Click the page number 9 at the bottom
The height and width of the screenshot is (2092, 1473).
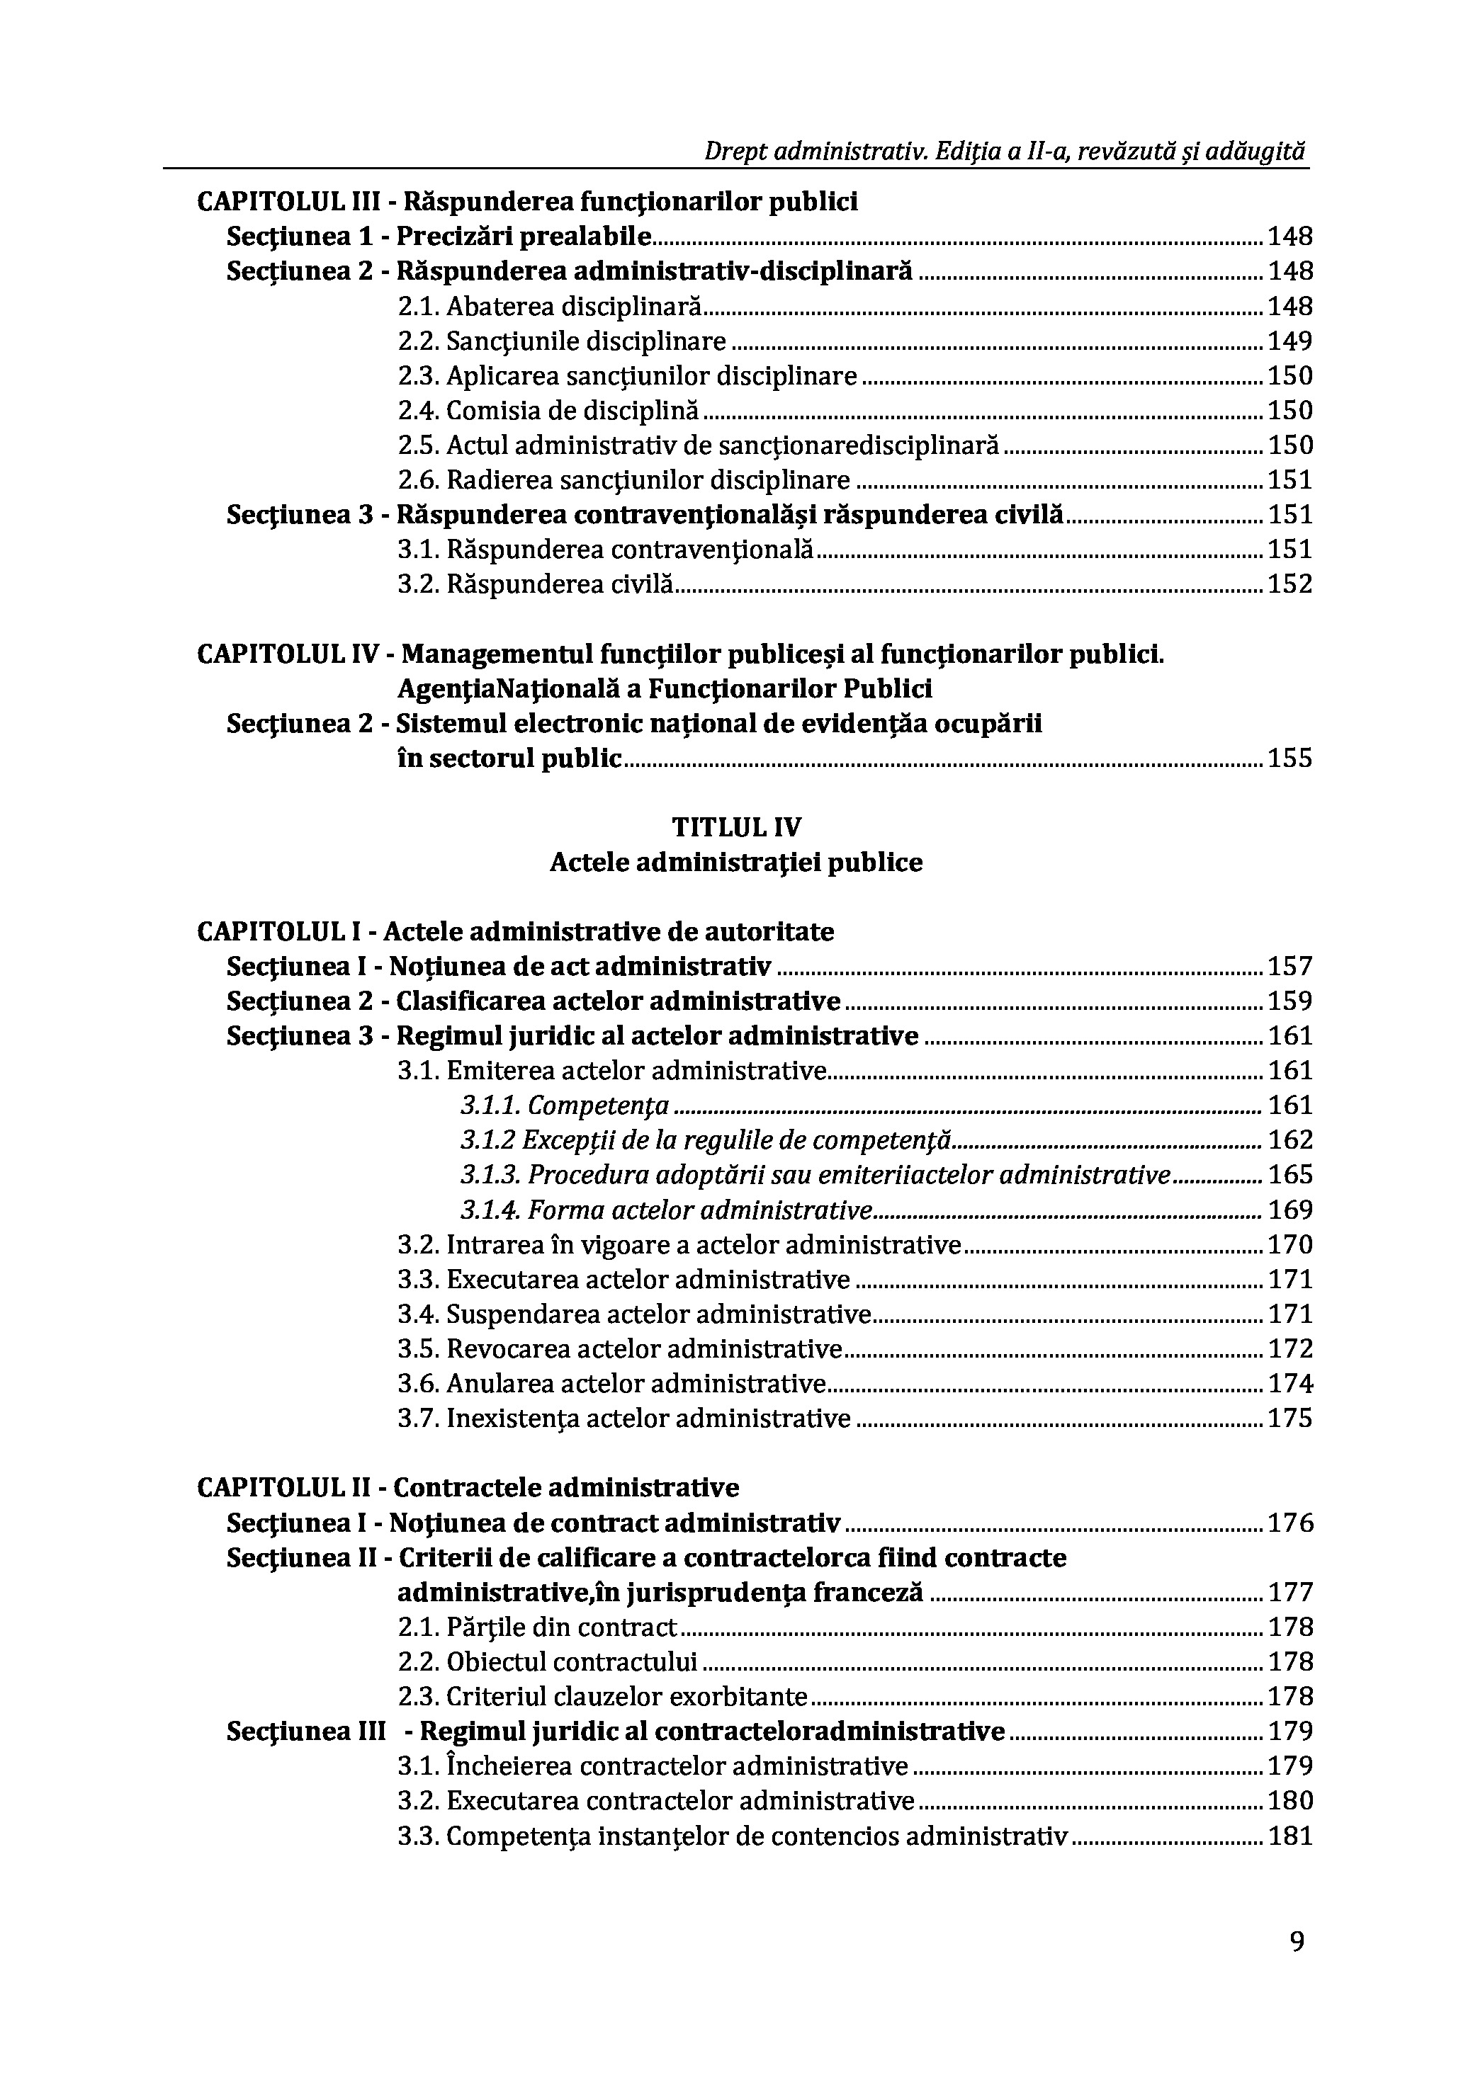coord(1297,1968)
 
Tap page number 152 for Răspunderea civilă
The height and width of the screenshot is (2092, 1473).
coord(1289,584)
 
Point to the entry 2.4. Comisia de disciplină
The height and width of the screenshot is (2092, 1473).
coord(548,411)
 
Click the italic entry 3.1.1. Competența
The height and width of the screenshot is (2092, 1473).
coord(565,1106)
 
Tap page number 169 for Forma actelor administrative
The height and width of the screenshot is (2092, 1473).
coord(1289,1210)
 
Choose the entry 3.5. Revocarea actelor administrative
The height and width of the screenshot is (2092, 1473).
coord(620,1348)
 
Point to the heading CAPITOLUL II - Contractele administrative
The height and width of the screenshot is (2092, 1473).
coord(468,1488)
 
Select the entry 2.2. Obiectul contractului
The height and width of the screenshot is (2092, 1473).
coord(548,1662)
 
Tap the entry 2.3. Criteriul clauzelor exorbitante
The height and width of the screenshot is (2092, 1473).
coord(602,1697)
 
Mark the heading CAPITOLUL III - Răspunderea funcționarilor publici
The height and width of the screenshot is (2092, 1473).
coord(527,201)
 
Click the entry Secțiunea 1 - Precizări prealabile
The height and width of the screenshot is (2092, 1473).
coord(439,237)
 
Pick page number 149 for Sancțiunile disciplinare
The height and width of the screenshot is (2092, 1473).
coord(1289,341)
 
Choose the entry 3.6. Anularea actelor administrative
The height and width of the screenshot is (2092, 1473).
coord(611,1383)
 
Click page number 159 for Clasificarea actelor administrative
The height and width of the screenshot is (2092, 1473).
coord(1289,1001)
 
